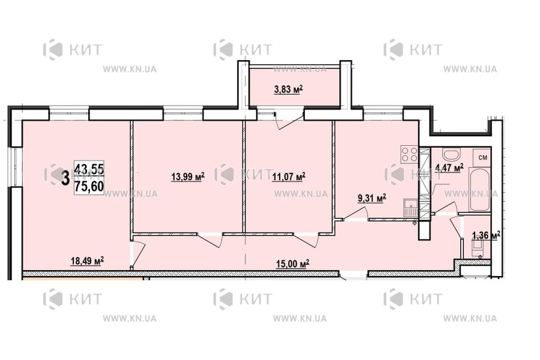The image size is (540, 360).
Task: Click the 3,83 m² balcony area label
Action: (288, 91)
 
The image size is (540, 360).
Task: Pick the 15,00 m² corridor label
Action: (292, 263)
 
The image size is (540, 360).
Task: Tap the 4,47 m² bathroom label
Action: (450, 167)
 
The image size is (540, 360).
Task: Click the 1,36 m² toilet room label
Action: (486, 236)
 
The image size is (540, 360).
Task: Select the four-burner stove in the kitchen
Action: (409, 155)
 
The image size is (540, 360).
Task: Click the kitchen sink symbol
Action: (410, 208)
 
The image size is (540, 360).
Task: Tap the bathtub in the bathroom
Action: (480, 190)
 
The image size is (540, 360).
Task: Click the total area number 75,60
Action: (89, 185)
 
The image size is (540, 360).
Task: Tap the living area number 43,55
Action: (89, 170)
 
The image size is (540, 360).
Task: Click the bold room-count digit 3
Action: (64, 177)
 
